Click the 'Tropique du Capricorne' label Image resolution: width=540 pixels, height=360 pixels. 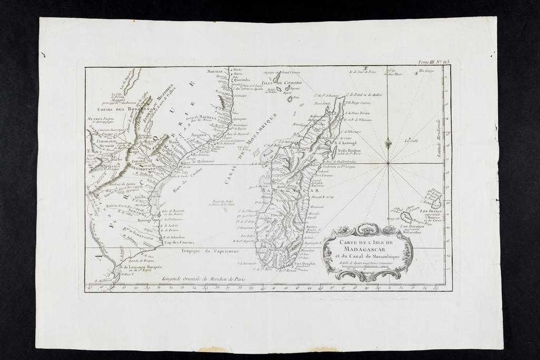[x=203, y=251]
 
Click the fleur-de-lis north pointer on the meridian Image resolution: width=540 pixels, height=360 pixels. [x=388, y=144]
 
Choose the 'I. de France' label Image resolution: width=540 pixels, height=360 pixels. [x=431, y=211]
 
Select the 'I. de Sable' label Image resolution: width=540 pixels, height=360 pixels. [x=411, y=140]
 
